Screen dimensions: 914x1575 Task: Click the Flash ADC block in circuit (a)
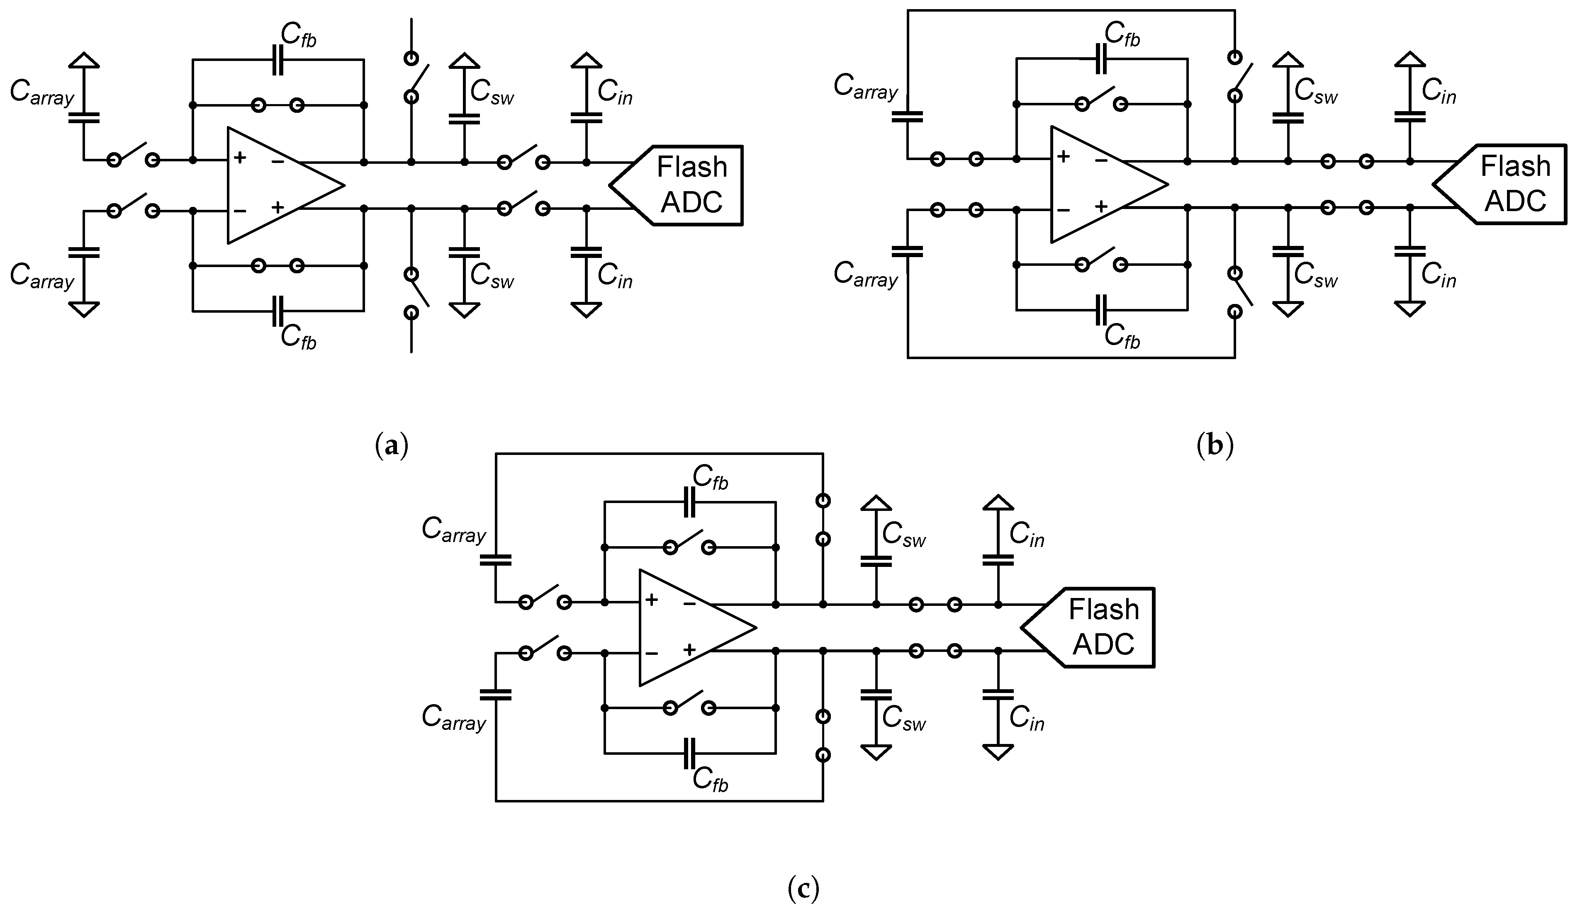pyautogui.click(x=687, y=185)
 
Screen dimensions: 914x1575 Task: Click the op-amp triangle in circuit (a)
pyautogui.click(x=275, y=185)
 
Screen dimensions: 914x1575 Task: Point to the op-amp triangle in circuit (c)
pyautogui.click(x=687, y=627)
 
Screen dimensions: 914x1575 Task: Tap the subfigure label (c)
pyautogui.click(x=803, y=888)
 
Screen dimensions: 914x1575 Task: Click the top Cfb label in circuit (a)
pyautogui.click(x=298, y=36)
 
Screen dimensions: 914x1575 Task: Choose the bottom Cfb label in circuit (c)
pyautogui.click(x=710, y=780)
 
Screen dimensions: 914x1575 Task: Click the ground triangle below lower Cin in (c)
pyautogui.click(x=998, y=751)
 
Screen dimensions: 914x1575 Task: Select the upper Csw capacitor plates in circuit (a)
pyautogui.click(x=464, y=119)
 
